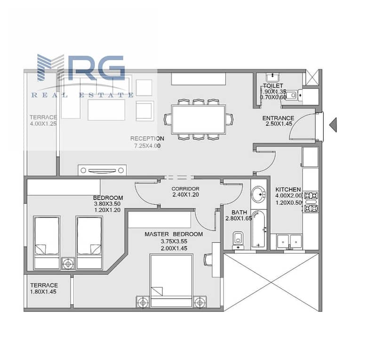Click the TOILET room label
click(x=273, y=86)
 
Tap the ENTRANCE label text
click(x=278, y=118)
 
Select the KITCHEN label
click(x=288, y=190)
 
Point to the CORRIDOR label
click(x=185, y=189)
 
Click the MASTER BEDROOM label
click(x=174, y=234)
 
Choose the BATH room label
click(x=239, y=213)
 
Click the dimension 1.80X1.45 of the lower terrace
click(x=43, y=292)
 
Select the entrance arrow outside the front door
click(x=333, y=125)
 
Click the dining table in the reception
click(x=199, y=120)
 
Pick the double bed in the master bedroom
click(x=171, y=281)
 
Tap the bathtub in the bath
click(x=258, y=229)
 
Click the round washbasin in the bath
click(x=258, y=194)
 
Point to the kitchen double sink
click(x=289, y=242)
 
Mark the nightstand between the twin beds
click(x=68, y=264)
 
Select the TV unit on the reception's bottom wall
click(x=103, y=170)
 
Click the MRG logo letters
click(x=81, y=67)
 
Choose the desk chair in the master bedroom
click(x=208, y=260)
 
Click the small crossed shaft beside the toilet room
click(x=312, y=77)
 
